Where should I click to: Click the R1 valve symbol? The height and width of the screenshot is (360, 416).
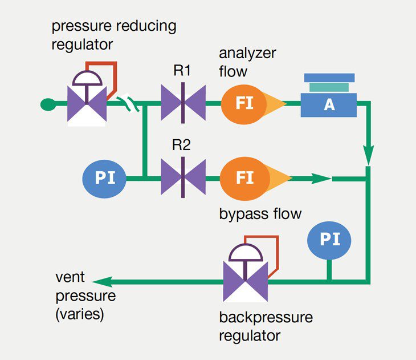point(182,103)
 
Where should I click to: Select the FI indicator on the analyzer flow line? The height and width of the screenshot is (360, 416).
point(244,103)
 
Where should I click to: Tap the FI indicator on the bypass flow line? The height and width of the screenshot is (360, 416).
point(244,178)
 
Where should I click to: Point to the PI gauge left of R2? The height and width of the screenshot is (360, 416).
point(104,178)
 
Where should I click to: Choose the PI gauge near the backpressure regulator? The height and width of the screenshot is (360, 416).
point(329,240)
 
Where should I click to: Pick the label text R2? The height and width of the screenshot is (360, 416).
point(181,145)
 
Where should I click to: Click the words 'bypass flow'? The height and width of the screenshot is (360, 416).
point(260,214)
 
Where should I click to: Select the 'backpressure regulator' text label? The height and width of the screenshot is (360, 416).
point(266,326)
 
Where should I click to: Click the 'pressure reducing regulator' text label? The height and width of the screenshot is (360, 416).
point(114,35)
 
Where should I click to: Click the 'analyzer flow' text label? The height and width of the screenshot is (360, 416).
point(247,62)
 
